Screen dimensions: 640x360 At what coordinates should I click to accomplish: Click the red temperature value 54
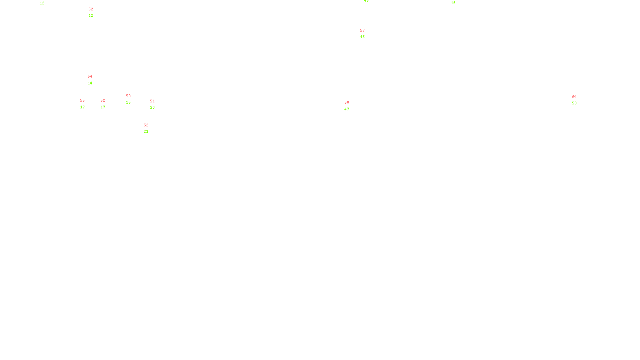[90, 76]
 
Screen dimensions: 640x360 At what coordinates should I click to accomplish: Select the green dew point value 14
[90, 83]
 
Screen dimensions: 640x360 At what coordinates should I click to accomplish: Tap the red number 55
[82, 100]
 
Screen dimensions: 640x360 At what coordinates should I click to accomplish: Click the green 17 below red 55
[82, 107]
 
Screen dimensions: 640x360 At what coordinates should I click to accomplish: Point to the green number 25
[128, 102]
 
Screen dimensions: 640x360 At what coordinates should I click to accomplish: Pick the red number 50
[128, 96]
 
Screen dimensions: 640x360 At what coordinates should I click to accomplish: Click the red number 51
[152, 101]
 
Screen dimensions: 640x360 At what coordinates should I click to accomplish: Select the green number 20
[152, 108]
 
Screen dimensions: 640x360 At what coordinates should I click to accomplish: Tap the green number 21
[146, 132]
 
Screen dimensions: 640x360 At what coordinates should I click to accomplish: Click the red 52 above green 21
[146, 125]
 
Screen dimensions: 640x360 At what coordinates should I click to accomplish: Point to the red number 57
[362, 30]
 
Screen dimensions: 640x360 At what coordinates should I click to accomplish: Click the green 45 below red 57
[362, 37]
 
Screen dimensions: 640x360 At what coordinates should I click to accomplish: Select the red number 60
[346, 102]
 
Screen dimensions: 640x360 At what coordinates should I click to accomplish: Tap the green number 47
[346, 109]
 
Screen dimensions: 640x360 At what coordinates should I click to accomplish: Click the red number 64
[574, 97]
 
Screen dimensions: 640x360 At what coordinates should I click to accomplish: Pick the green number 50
[574, 103]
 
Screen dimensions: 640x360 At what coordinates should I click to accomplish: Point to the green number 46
[453, 3]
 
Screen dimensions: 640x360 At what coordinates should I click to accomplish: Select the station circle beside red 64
[578, 100]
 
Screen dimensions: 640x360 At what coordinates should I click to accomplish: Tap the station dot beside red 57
[366, 34]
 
